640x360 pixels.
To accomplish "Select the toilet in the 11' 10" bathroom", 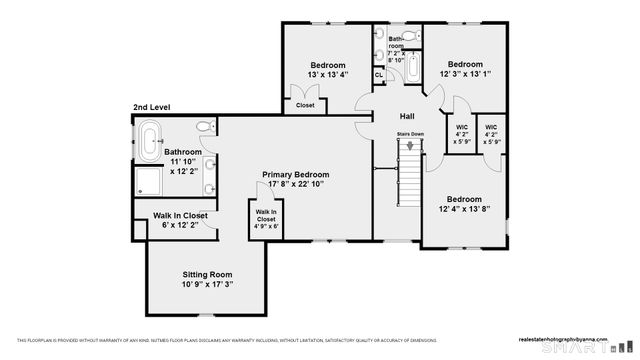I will pyautogui.click(x=204, y=127).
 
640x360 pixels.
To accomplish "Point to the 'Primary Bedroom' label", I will pyautogui.click(x=296, y=174).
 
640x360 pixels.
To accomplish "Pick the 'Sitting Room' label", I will pyautogui.click(x=207, y=274).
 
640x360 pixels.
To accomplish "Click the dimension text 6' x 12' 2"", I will pyautogui.click(x=180, y=226).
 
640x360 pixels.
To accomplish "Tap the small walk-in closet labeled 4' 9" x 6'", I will pyautogui.click(x=265, y=219).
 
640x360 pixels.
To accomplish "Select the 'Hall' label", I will pyautogui.click(x=407, y=116).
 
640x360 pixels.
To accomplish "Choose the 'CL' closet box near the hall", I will pyautogui.click(x=379, y=75).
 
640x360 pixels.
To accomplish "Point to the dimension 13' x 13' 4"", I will pyautogui.click(x=327, y=74).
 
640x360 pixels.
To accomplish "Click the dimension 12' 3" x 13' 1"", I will pyautogui.click(x=465, y=74).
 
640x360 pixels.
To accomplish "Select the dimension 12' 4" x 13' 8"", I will pyautogui.click(x=463, y=209).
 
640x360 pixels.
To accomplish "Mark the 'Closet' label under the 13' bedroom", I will pyautogui.click(x=305, y=105).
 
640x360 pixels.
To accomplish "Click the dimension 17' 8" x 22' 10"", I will pyautogui.click(x=296, y=185).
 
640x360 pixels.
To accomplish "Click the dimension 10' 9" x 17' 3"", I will pyautogui.click(x=207, y=285).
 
